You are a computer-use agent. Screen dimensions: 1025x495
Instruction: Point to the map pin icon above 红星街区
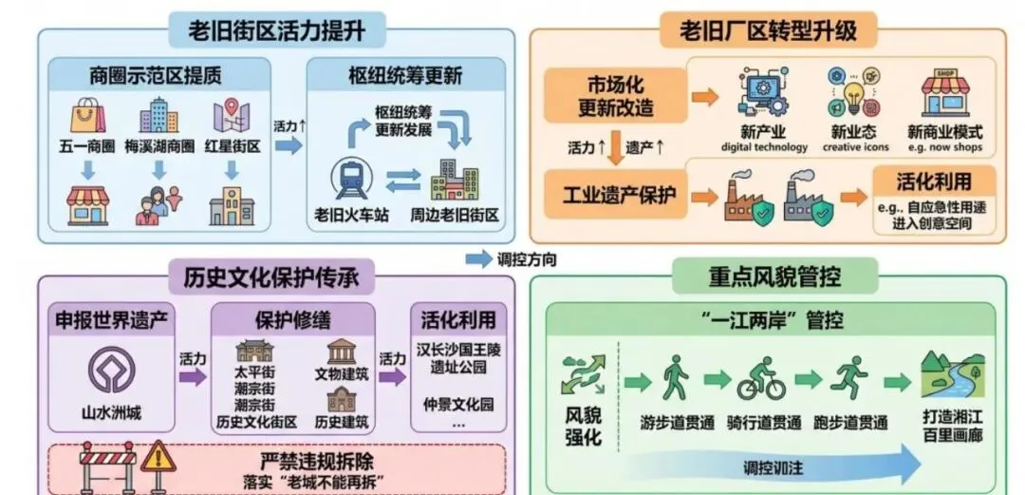click(231, 116)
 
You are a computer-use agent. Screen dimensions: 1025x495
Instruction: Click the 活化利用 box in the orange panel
click(934, 181)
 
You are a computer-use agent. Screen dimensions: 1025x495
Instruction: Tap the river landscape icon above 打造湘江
click(953, 378)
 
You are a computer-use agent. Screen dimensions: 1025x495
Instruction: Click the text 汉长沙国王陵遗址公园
click(458, 358)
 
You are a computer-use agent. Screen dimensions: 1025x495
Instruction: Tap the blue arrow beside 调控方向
click(478, 258)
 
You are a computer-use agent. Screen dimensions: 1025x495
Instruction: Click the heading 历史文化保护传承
click(270, 276)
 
